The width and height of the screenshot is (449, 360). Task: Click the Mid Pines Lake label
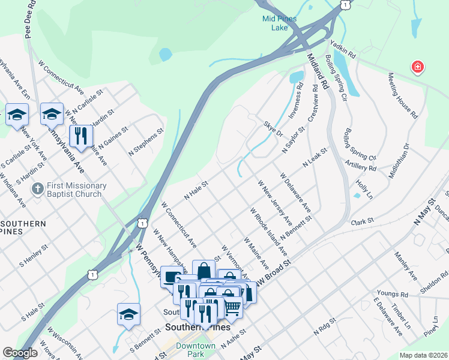tap(279, 23)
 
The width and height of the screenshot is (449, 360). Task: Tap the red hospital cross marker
tap(417, 67)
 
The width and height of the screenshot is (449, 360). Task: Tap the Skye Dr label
tap(273, 129)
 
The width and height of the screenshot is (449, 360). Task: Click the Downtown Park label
tap(196, 350)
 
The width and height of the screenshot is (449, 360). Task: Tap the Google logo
tap(20, 353)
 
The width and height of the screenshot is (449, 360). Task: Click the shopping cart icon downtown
tap(232, 307)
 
